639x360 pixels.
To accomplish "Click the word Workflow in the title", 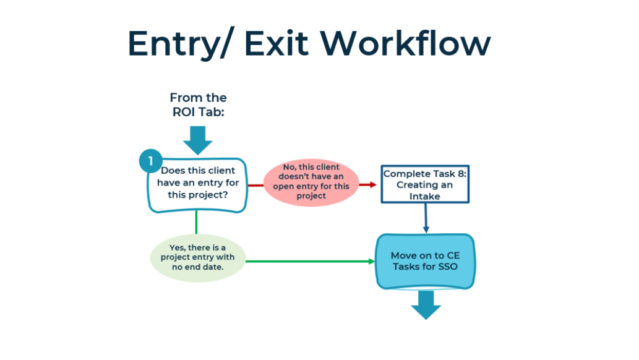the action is pos(405,43).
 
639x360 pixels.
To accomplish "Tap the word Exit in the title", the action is pos(277,43).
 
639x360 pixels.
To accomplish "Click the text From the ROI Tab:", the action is pos(198,105).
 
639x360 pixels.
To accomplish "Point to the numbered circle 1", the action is pos(150,161).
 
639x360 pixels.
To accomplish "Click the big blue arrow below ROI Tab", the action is pos(198,140).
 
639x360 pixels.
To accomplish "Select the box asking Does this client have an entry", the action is pos(198,186).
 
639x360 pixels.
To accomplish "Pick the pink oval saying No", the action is pos(311,182).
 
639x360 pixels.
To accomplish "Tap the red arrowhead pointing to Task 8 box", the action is pos(372,185).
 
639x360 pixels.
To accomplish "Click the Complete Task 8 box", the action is pos(424,184).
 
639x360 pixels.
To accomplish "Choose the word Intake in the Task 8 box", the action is pos(424,197).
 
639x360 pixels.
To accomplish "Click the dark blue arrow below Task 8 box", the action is pos(426,218).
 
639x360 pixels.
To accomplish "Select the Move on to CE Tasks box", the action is pos(425,261).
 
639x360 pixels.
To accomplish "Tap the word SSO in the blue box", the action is pos(447,267).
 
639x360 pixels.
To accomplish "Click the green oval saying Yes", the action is pos(198,258).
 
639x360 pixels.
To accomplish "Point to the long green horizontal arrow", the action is pos(310,261).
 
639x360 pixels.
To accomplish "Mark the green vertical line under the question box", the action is pos(197,223).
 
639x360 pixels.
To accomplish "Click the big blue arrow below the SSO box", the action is pos(426,305).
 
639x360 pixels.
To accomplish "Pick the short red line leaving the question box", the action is pos(255,186).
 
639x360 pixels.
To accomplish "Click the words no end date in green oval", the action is pos(197,267).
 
